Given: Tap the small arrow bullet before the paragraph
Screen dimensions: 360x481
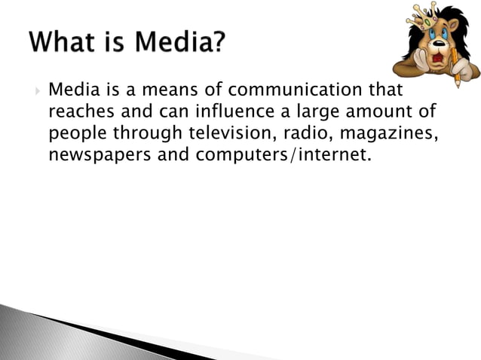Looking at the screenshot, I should (36, 92).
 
